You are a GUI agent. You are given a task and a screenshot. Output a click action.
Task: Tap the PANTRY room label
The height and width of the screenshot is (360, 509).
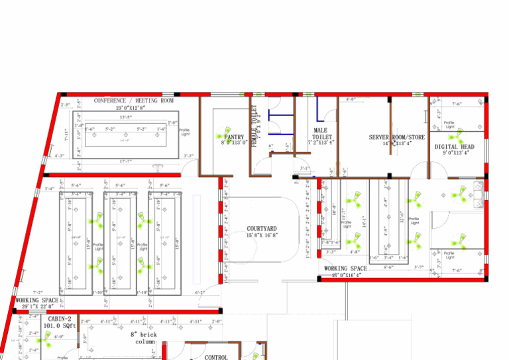click(234, 137)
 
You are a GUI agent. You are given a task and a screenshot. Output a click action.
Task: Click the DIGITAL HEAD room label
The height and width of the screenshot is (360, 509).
click(455, 147)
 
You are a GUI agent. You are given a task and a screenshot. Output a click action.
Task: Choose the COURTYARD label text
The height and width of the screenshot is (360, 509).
click(262, 229)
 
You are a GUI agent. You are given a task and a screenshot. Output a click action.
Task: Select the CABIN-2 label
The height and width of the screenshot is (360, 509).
click(59, 319)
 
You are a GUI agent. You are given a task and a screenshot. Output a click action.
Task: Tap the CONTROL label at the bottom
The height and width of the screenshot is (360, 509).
click(216, 357)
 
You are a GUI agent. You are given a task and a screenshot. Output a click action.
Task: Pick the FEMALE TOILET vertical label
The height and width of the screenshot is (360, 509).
click(254, 126)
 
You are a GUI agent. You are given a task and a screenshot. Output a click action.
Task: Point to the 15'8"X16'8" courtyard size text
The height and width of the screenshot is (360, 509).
click(261, 235)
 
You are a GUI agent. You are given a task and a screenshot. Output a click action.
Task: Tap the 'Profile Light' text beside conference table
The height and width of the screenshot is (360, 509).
click(185, 131)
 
